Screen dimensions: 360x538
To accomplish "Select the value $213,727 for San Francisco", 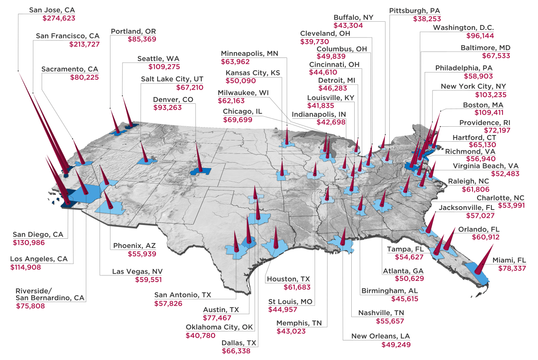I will tap(85, 44).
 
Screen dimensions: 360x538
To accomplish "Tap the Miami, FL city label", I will tap(509, 260).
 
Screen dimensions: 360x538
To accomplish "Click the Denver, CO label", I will tap(173, 100).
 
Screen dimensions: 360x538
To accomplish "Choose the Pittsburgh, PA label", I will tap(415, 10).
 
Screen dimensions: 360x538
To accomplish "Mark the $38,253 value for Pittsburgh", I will tap(427, 19).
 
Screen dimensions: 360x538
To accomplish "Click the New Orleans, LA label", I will tap(380, 336).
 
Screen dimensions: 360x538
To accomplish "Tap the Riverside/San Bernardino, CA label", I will tap(50, 294).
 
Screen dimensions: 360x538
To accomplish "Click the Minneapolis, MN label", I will tap(249, 54).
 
